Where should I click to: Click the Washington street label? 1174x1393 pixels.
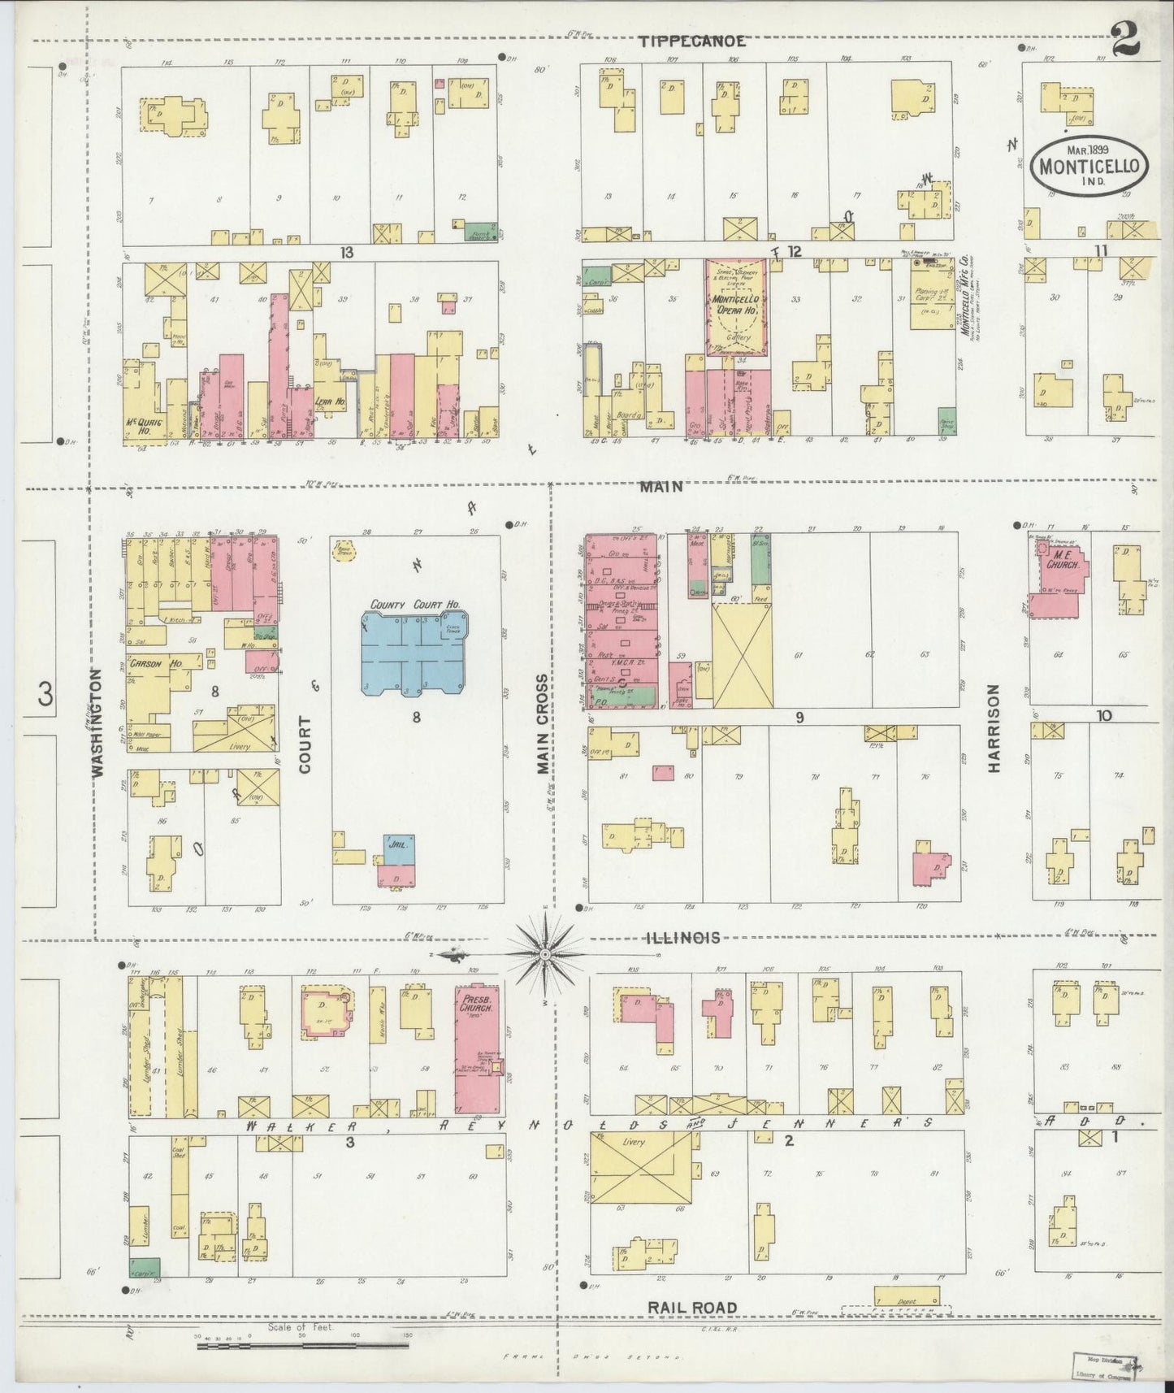point(98,723)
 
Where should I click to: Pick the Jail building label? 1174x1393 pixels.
point(397,845)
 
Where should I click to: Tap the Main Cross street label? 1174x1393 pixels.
point(542,723)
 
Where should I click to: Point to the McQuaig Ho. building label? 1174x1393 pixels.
point(143,423)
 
